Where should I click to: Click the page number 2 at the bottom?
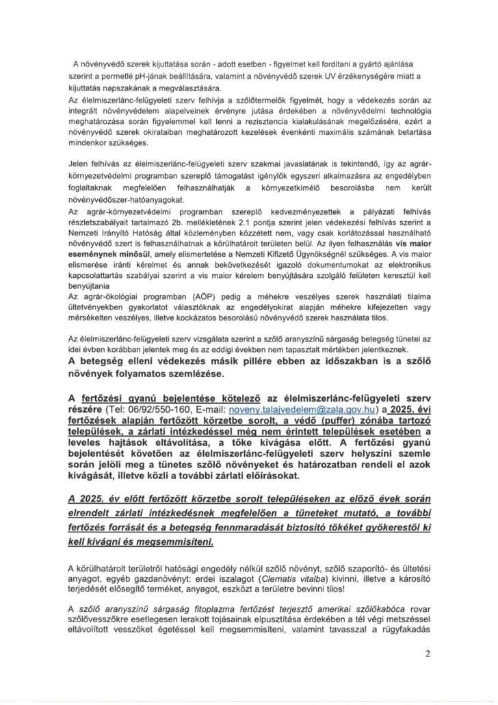pos(428,653)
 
